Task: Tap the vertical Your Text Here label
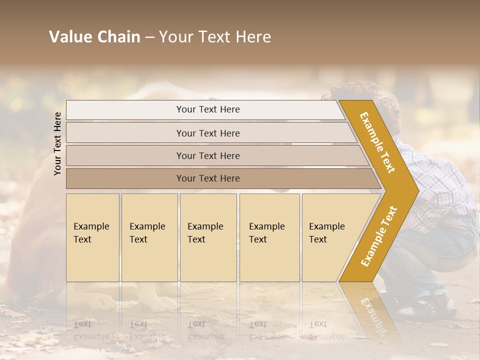(x=57, y=143)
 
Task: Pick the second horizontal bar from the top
(x=207, y=133)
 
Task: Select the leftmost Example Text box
(x=92, y=237)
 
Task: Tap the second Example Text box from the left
(x=149, y=237)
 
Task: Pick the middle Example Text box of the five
(x=208, y=237)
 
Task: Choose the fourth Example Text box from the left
(x=269, y=237)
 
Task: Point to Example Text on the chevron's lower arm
(x=379, y=236)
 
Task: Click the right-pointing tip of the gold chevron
(x=416, y=190)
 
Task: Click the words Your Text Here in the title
(x=215, y=37)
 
